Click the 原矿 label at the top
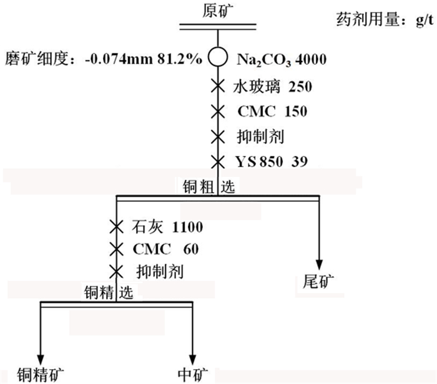pos(218,10)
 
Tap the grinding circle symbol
pos(218,59)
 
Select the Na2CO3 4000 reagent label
pos(282,60)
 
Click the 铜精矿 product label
pos(41,374)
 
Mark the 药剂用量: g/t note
pos(383,22)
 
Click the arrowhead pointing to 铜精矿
pos(41,356)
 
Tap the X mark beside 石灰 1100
pos(115,226)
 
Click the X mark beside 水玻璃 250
pos(218,86)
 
